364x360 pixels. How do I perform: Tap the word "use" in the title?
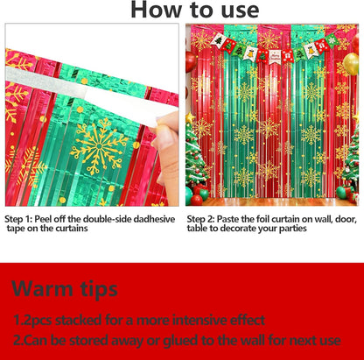coord(240,11)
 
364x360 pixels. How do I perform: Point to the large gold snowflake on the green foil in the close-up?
coord(99,146)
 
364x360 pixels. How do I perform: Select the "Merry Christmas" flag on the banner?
coord(275,56)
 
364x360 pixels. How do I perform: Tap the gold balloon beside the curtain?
coord(351,64)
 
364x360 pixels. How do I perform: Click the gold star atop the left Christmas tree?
coord(190,118)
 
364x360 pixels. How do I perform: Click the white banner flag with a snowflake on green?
coord(332,41)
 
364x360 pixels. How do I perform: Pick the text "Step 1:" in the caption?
coord(18,219)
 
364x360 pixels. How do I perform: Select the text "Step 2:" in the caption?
coord(200,219)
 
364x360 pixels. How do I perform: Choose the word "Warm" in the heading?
coord(44,289)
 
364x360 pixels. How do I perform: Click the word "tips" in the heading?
coord(99,290)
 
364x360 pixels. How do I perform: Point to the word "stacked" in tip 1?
coord(79,321)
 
